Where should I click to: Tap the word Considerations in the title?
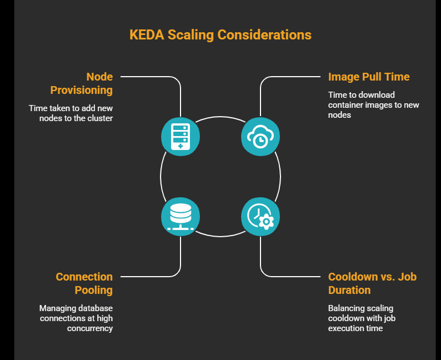264,34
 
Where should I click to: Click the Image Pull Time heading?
369,77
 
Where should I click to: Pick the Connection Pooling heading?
84,283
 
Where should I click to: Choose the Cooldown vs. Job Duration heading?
372,283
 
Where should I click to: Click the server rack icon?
181,136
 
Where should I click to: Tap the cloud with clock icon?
260,136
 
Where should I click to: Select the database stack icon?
181,216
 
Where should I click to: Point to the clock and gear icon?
260,216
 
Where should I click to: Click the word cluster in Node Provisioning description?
100,118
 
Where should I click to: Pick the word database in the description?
95,308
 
